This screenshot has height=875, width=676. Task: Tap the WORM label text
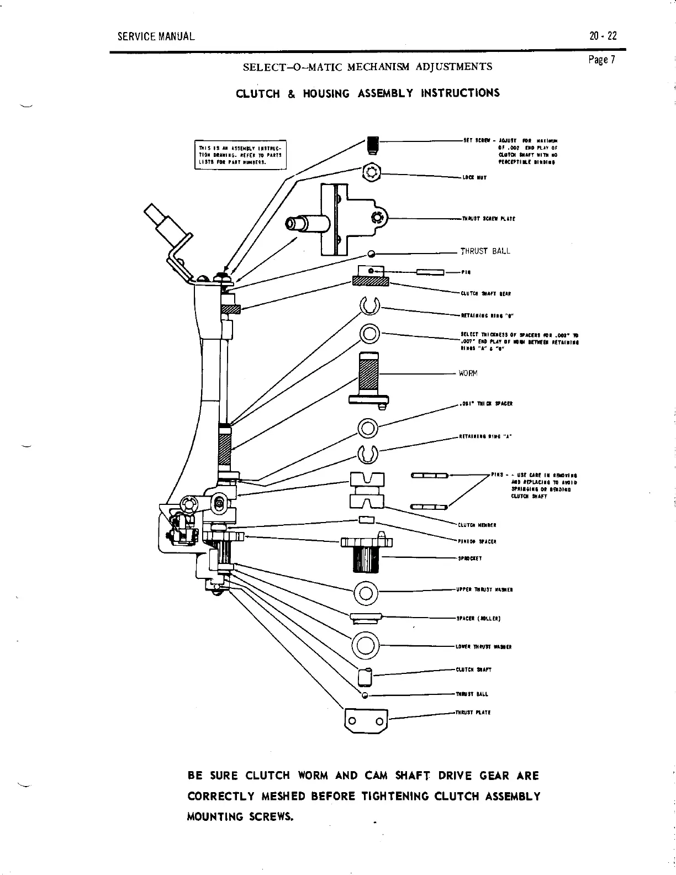468,373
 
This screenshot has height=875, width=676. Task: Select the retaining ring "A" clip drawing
368,454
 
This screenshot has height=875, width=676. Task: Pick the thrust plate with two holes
365,721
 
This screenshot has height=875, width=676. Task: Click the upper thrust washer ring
365,593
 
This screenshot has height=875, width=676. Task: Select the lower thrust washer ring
366,645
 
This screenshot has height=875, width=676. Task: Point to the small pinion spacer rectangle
367,519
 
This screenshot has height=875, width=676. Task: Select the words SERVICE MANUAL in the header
156,37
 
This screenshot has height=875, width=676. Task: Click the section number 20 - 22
603,36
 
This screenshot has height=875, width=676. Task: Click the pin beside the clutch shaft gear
430,272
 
